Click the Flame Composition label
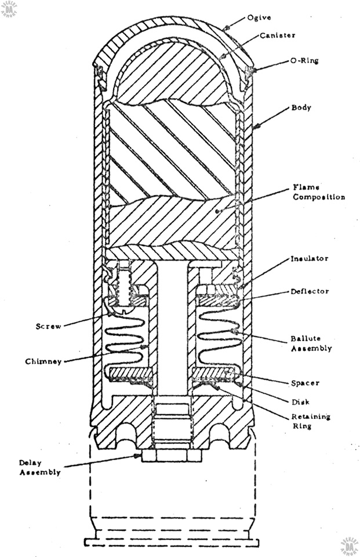317,192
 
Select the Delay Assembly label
39,467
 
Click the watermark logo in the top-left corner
10,9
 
